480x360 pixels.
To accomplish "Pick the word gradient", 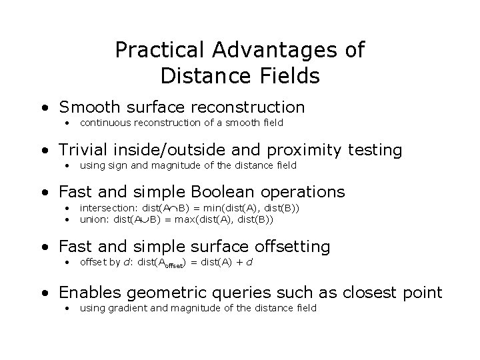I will (x=125, y=307).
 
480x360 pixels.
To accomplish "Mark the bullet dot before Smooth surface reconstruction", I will (x=43, y=107).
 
